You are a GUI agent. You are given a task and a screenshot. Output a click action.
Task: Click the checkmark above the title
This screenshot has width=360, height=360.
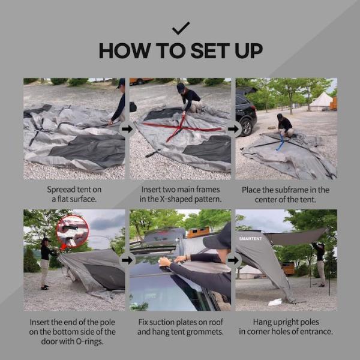tap(181, 28)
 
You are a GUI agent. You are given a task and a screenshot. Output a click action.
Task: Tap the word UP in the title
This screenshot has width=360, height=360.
tap(249, 50)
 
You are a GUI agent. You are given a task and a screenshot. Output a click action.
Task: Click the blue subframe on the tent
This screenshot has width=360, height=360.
tap(281, 142)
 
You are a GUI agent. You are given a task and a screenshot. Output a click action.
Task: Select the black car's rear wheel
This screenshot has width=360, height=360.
tap(247, 127)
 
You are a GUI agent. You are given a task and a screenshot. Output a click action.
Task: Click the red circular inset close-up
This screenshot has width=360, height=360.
tap(73, 231)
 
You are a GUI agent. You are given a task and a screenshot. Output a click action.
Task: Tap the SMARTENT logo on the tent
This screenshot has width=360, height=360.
tap(250, 239)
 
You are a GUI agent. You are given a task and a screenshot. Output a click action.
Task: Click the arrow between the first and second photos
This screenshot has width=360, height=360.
tap(127, 129)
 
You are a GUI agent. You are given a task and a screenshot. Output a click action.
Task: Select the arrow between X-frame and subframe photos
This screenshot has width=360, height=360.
tap(233, 129)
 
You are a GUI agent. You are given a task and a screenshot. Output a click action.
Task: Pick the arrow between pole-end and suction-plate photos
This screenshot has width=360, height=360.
tap(127, 260)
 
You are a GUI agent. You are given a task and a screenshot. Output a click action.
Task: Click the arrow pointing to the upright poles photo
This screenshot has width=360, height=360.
tap(233, 260)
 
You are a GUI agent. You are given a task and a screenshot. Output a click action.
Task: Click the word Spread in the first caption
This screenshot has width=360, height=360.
tap(61, 190)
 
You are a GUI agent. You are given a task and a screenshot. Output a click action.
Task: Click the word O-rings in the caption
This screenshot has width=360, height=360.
tap(89, 341)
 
